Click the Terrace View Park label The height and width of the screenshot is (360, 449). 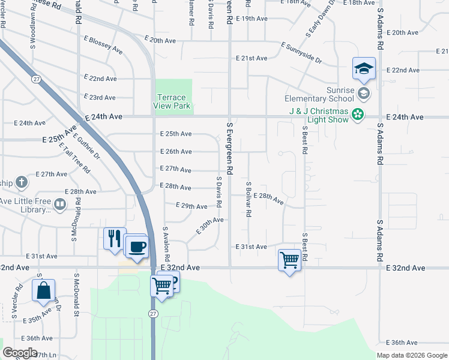pyautogui.click(x=173, y=101)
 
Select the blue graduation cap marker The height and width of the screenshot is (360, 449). pyautogui.click(x=364, y=70)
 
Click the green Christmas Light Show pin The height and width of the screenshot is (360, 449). pyautogui.click(x=358, y=113)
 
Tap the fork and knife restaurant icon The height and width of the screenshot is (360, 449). pyautogui.click(x=114, y=238)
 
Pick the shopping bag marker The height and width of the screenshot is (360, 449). pyautogui.click(x=44, y=291)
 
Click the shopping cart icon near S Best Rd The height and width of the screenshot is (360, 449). pyautogui.click(x=289, y=260)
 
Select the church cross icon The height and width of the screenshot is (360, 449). pyautogui.click(x=21, y=182)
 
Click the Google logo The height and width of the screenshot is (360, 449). pyautogui.click(x=20, y=353)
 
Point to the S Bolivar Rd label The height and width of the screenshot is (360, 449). pyautogui.click(x=248, y=199)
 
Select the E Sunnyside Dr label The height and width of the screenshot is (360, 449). pyautogui.click(x=301, y=53)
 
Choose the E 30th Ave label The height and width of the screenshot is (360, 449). pyautogui.click(x=209, y=226)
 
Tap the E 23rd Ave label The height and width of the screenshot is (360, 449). pyautogui.click(x=100, y=97)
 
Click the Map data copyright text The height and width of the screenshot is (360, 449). pyautogui.click(x=412, y=355)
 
